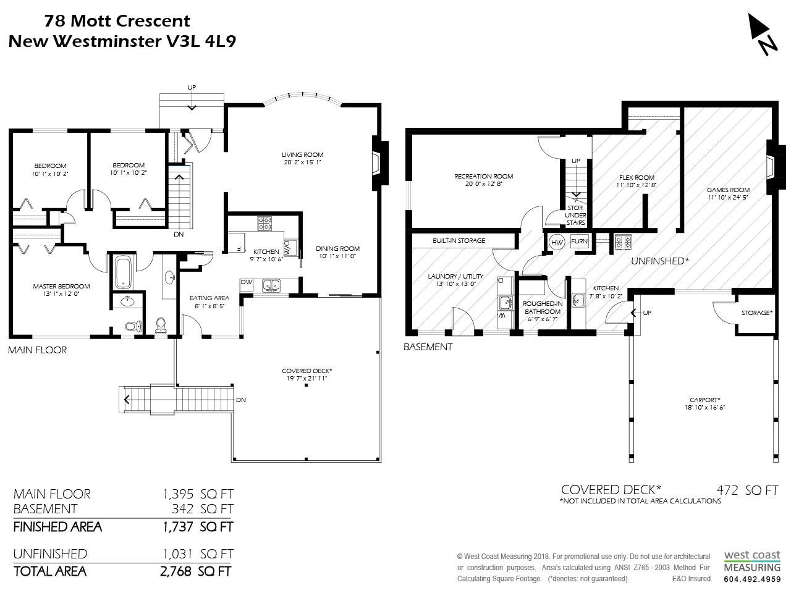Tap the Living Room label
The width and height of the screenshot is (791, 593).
point(302,155)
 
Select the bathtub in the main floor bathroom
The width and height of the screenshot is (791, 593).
point(123,272)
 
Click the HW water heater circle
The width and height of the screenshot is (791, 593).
point(557,242)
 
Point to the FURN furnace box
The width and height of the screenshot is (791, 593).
point(579,242)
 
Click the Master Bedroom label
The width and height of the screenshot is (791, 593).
point(61,286)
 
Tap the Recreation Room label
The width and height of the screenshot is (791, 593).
point(484,177)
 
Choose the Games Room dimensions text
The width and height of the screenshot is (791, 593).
point(728,197)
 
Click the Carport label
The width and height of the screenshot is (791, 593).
point(704,400)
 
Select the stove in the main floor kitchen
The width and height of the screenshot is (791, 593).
point(264,223)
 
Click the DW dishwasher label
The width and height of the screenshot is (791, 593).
point(247,282)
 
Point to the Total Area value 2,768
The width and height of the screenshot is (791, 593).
point(176,571)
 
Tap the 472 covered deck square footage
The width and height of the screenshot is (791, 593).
point(727,490)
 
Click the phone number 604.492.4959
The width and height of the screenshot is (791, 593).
point(752,579)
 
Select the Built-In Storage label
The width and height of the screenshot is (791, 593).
point(459,240)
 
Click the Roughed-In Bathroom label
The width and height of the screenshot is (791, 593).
point(543,308)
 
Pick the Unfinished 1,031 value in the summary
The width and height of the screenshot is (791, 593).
point(177,553)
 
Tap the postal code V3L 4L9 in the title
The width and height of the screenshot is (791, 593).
point(201,41)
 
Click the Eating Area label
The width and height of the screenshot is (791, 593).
point(209,298)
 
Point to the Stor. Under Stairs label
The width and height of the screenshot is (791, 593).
point(575,216)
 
